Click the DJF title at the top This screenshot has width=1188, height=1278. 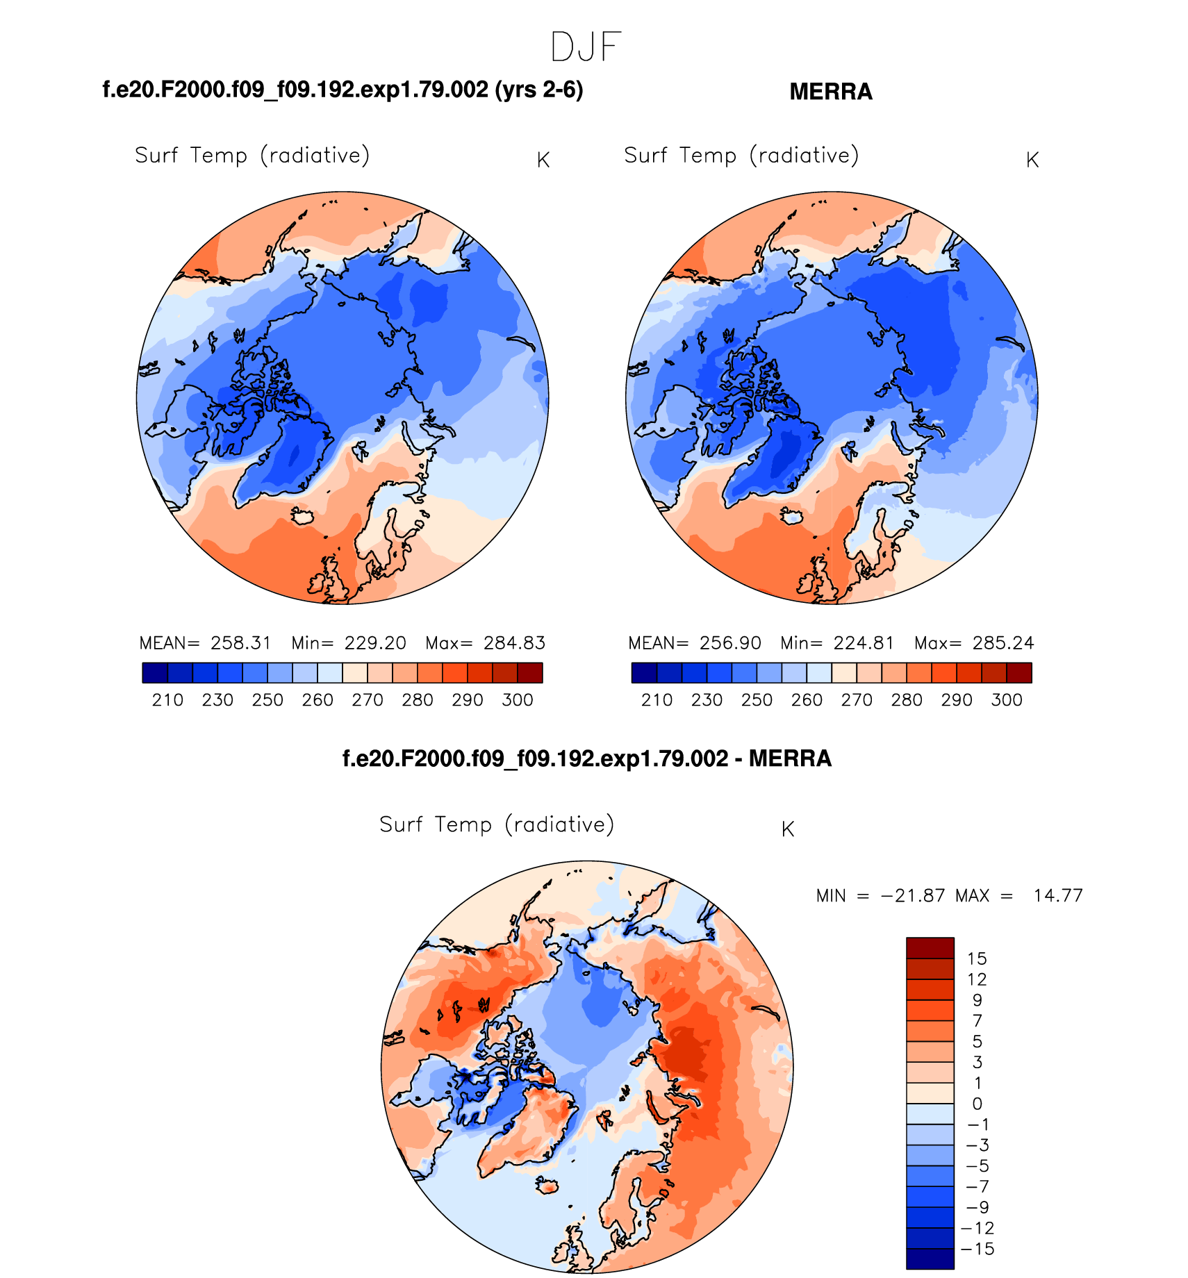pyautogui.click(x=586, y=47)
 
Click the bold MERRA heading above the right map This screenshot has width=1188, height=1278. pyautogui.click(x=831, y=92)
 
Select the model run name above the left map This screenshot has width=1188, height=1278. pyautogui.click(x=343, y=90)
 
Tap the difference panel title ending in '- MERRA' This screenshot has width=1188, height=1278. pyautogui.click(x=587, y=758)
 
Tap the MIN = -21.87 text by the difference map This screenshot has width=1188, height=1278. pyautogui.click(x=880, y=896)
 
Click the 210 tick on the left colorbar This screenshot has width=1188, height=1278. pyautogui.click(x=167, y=700)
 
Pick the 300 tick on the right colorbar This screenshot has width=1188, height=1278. pyautogui.click(x=1007, y=700)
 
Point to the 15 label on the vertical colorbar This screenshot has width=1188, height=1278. pyautogui.click(x=977, y=959)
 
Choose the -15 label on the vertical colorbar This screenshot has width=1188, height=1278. pyautogui.click(x=977, y=1249)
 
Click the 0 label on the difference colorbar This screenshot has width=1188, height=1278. pyautogui.click(x=977, y=1104)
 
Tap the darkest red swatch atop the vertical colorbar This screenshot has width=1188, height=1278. pyautogui.click(x=930, y=947)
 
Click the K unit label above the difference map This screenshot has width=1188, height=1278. pyautogui.click(x=788, y=829)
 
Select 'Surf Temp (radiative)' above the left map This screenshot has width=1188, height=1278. pyautogui.click(x=252, y=155)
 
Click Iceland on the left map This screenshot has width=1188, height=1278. pyautogui.click(x=303, y=516)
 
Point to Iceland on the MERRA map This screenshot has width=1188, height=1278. pyautogui.click(x=792, y=516)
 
